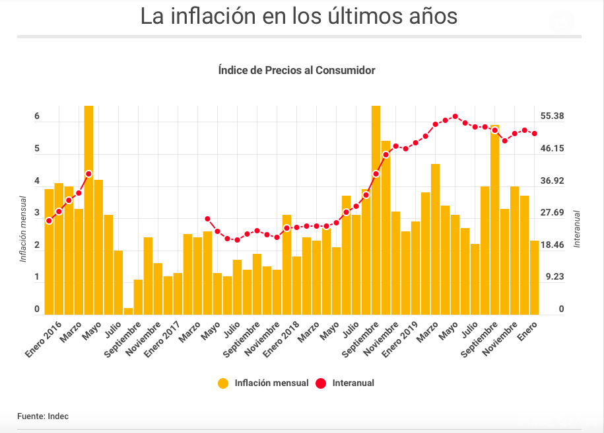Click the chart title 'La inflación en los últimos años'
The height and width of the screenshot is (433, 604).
(298, 17)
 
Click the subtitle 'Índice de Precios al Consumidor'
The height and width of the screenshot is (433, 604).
(296, 70)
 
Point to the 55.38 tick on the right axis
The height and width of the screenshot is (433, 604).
(552, 116)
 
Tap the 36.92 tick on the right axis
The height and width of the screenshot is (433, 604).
(552, 180)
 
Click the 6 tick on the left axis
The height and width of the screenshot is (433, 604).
(37, 116)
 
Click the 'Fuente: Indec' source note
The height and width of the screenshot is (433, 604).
(43, 416)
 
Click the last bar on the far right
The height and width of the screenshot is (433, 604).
(535, 278)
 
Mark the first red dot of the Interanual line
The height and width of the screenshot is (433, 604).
(49, 221)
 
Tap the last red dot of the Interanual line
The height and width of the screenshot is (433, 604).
(535, 134)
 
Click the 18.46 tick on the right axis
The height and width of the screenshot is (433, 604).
(552, 245)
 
